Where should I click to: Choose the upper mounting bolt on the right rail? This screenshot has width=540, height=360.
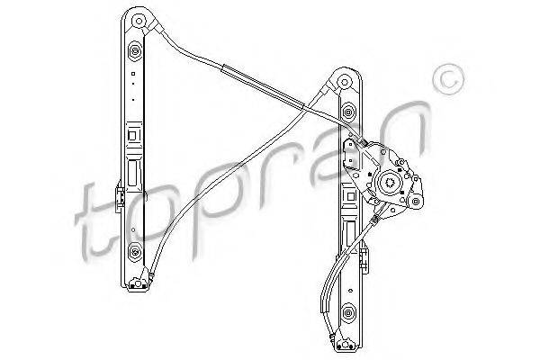pos(347,111)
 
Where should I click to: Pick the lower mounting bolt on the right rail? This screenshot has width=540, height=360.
pos(347,312)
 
